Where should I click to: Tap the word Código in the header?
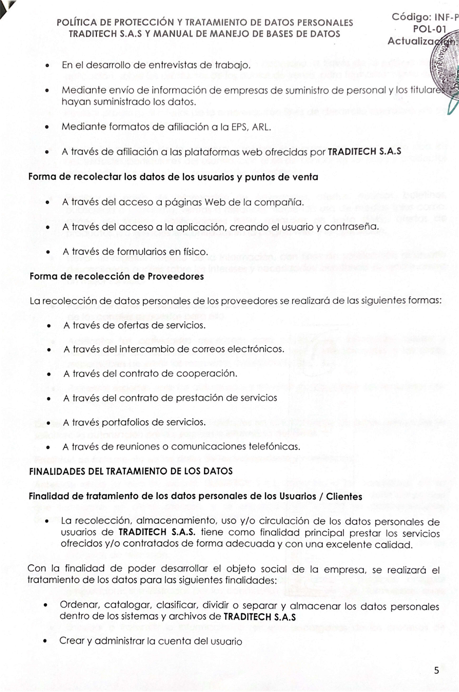[x=411, y=17]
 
